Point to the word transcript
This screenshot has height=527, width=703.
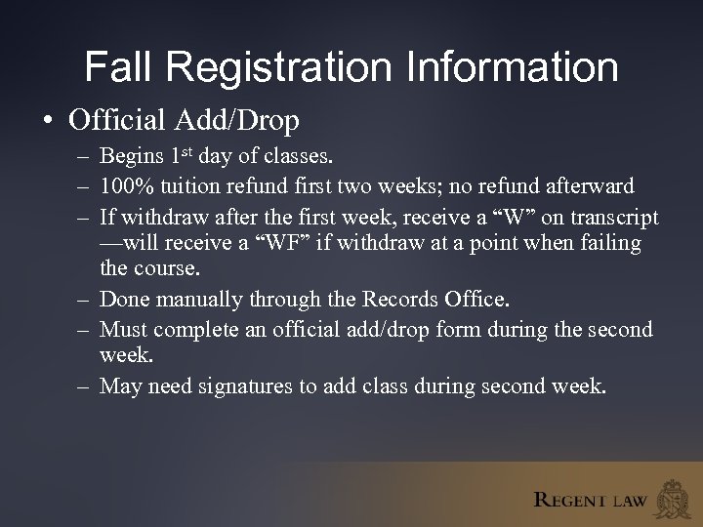point(611,217)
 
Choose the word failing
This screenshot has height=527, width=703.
point(610,242)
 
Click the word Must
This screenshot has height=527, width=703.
point(125,330)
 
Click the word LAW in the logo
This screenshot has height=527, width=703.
point(630,502)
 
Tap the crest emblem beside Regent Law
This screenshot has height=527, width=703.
point(675,497)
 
